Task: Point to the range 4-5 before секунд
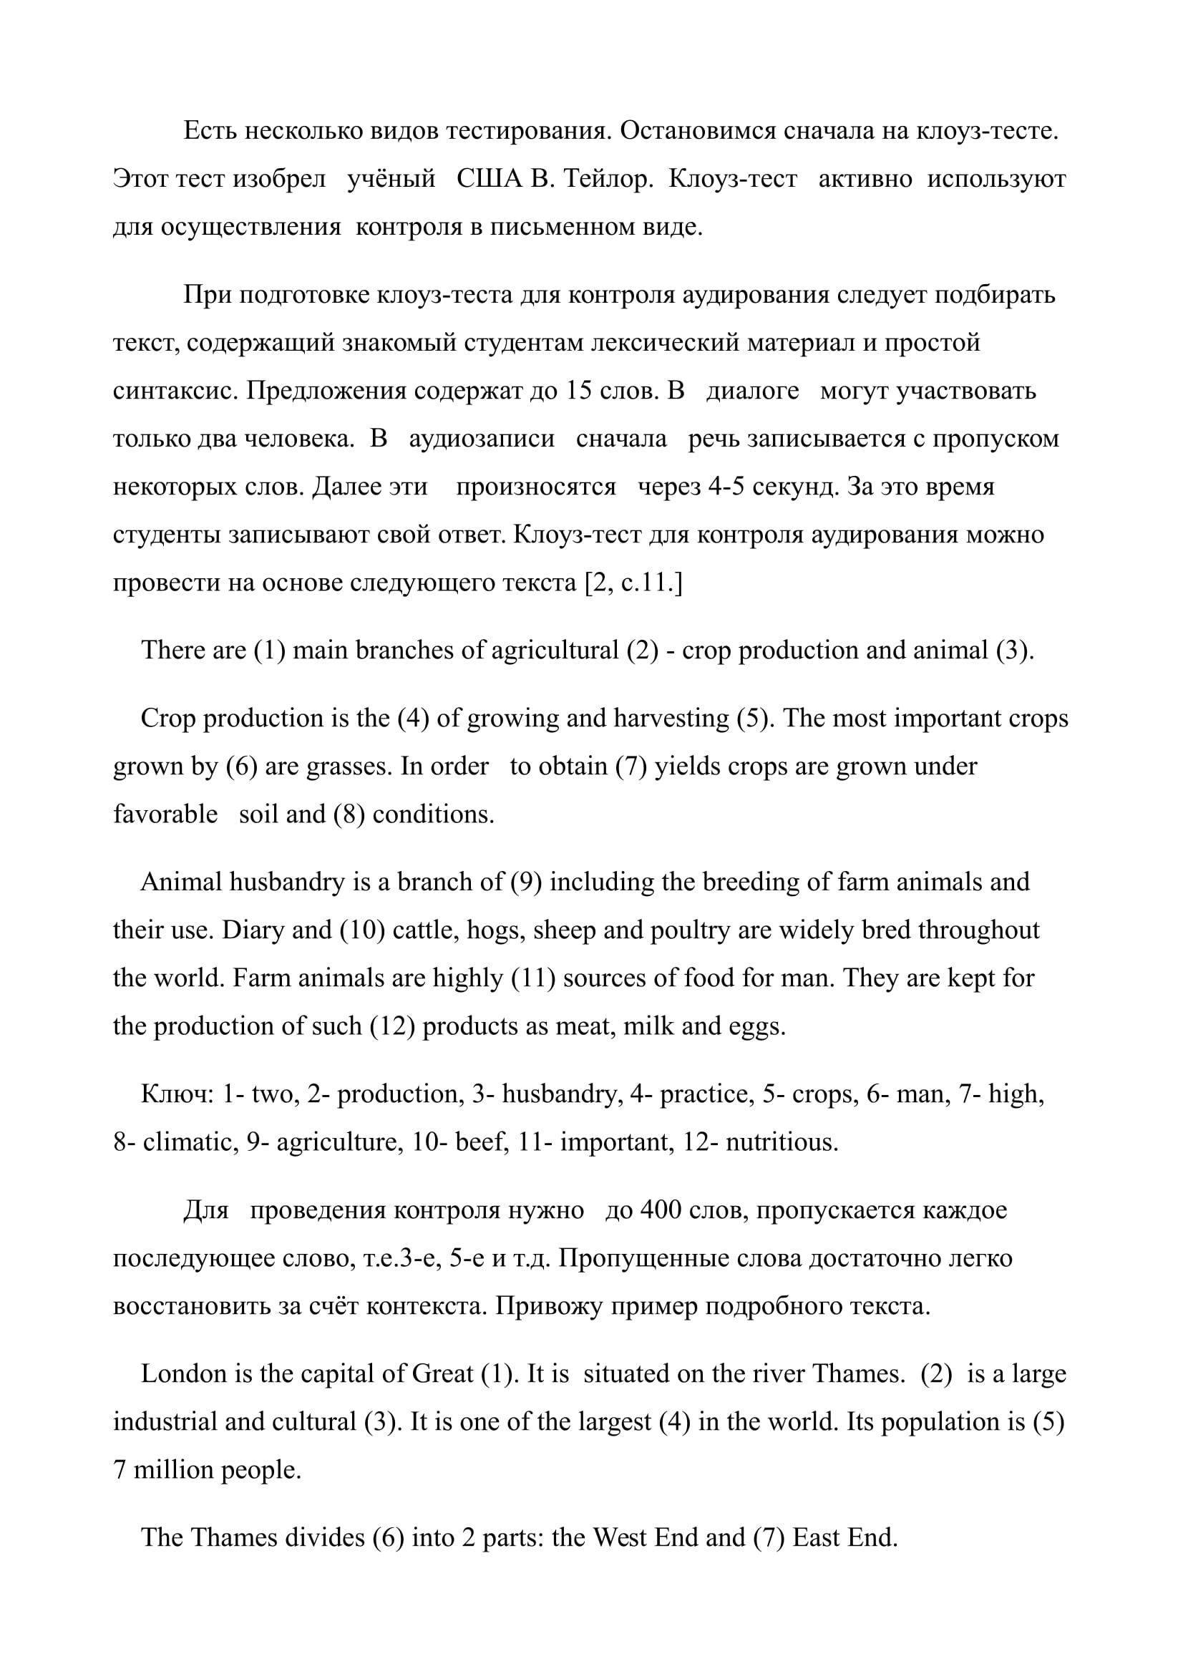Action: [726, 486]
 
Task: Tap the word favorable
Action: [165, 814]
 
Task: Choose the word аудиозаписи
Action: [482, 439]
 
